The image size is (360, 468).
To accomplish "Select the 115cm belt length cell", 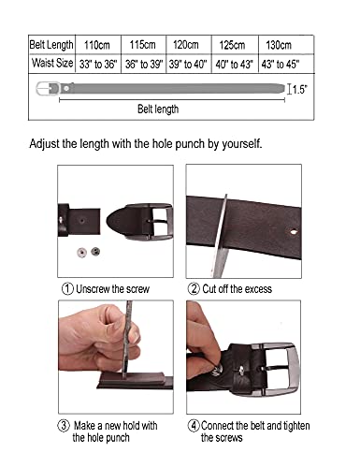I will click(142, 44).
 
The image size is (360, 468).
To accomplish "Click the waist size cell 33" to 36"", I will click(98, 64).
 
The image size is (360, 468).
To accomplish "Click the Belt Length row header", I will click(51, 44).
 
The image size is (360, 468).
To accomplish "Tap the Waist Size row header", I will click(51, 64).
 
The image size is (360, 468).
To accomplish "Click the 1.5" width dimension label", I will click(299, 90).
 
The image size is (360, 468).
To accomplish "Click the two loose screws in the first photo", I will click(88, 252).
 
